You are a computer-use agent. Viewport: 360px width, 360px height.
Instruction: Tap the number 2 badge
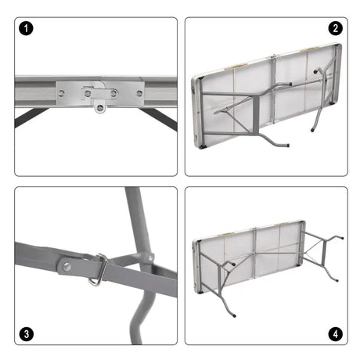pyautogui.click(x=336, y=29)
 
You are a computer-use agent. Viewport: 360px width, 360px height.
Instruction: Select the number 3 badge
pyautogui.click(x=28, y=334)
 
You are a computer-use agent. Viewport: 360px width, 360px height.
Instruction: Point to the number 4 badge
pyautogui.click(x=336, y=334)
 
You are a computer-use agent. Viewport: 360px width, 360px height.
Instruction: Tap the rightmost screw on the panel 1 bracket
pyautogui.click(x=139, y=93)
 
